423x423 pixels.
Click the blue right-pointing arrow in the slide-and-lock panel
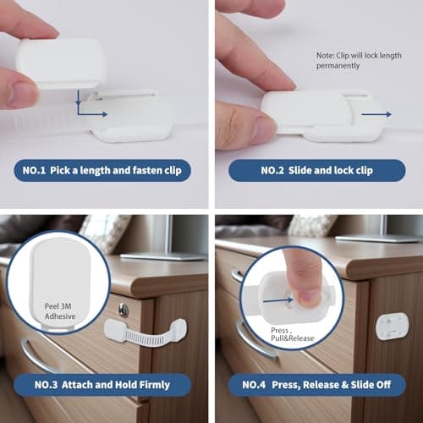[x=382, y=113]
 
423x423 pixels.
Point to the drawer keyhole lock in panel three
[x=124, y=310]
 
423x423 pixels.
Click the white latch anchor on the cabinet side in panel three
[x=175, y=328]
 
